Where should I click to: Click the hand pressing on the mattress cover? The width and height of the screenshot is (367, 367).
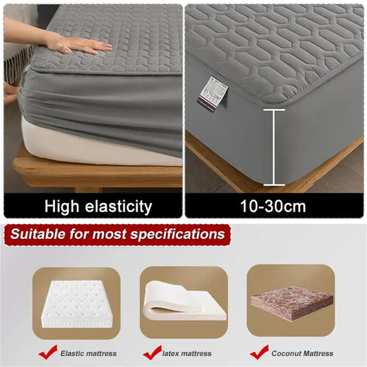coord(79,45)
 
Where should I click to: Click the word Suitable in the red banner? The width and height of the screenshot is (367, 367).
coord(40,234)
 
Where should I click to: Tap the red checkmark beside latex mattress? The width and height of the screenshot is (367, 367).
coord(153,352)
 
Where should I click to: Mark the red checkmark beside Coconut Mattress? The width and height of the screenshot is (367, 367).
coord(259,352)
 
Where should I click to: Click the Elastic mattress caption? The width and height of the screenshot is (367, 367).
coord(88,353)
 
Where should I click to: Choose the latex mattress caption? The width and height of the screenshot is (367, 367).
coord(187,353)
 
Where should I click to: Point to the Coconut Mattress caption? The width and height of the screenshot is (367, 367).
coord(303,353)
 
